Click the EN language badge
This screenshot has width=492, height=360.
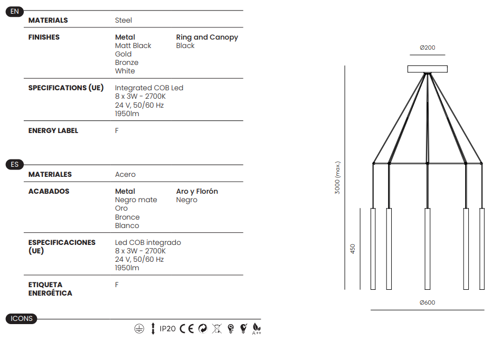coord(14,12)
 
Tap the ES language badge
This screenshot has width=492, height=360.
coord(14,165)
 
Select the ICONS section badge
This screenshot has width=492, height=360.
coord(21,319)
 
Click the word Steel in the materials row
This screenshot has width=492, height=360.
coord(124,21)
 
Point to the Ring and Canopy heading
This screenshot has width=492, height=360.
coord(207,37)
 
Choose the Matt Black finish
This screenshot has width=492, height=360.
coord(133,46)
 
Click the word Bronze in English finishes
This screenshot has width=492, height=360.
coord(127,62)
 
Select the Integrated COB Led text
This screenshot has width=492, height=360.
coord(149,88)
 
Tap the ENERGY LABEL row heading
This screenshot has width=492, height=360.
coord(53,130)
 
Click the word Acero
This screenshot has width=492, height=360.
coord(125,175)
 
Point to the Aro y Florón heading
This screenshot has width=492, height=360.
coord(197,192)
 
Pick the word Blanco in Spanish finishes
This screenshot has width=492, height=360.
coord(127,226)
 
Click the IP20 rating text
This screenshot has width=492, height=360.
coord(167,329)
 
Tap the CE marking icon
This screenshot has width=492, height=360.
coord(187,329)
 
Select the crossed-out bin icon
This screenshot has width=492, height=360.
coord(217,329)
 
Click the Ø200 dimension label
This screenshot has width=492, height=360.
coord(428,48)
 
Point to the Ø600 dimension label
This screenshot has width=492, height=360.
coord(428,302)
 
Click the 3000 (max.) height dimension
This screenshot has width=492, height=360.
coord(337,178)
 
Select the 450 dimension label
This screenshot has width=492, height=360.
coord(353,249)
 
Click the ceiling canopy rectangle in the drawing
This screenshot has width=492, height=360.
coord(428,69)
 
